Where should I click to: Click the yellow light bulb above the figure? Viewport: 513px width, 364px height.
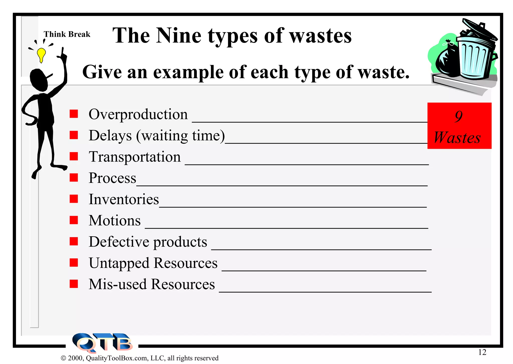(41, 55)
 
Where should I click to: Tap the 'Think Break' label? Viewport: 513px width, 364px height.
(67, 34)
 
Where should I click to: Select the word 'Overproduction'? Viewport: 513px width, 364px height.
(138, 114)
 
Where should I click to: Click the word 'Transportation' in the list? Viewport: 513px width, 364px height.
(135, 157)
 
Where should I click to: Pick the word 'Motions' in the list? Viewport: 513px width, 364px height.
(115, 221)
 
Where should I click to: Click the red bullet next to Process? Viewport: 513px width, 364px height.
(74, 178)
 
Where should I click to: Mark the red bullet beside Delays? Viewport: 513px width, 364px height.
(74, 135)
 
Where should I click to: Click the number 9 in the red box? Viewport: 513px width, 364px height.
(459, 116)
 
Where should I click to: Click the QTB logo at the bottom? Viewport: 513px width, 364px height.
(102, 343)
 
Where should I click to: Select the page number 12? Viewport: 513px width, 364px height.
(482, 352)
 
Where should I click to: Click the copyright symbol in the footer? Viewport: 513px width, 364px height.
(63, 358)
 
